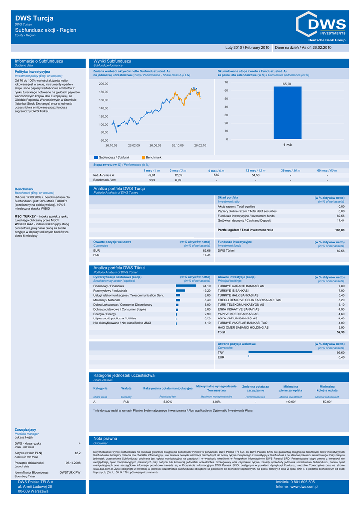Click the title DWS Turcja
[x=34, y=18]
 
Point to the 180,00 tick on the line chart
[x=104, y=92]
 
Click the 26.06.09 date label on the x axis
[x=156, y=145]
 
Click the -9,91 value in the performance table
[x=152, y=175]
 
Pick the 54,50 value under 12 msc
[x=256, y=175]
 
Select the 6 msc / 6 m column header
[x=216, y=170]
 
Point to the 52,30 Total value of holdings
[x=340, y=332]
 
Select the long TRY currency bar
[x=280, y=352]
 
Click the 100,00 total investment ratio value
[x=340, y=230]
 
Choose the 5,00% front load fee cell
[x=167, y=402]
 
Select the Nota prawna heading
[x=105, y=438]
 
